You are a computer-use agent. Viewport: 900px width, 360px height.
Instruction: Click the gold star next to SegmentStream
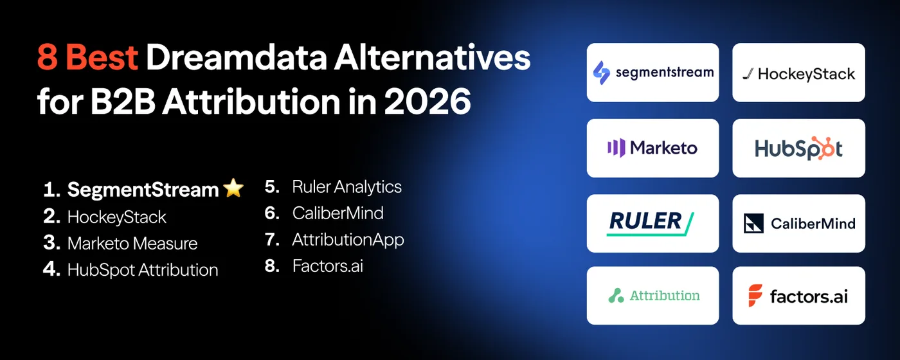pyautogui.click(x=233, y=188)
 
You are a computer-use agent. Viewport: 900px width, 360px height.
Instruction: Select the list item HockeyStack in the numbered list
pyautogui.click(x=116, y=217)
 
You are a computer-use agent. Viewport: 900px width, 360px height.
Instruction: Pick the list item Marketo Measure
pyautogui.click(x=132, y=244)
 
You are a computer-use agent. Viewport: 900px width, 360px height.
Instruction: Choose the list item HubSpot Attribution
pyautogui.click(x=142, y=270)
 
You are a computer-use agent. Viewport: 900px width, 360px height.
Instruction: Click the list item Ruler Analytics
pyautogui.click(x=346, y=187)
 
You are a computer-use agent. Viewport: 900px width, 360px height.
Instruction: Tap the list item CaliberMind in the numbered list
pyautogui.click(x=337, y=213)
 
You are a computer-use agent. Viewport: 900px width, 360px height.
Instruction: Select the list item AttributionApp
pyautogui.click(x=348, y=240)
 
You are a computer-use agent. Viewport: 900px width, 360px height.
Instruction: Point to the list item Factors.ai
pyautogui.click(x=327, y=266)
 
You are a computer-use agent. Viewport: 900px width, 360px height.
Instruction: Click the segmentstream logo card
pyautogui.click(x=652, y=72)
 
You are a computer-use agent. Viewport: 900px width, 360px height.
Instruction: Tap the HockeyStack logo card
pyautogui.click(x=798, y=72)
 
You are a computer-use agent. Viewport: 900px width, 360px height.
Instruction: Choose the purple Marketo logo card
pyautogui.click(x=652, y=148)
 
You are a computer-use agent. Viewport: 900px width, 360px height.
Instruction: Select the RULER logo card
pyautogui.click(x=652, y=223)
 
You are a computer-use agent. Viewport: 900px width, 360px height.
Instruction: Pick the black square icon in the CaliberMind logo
pyautogui.click(x=753, y=223)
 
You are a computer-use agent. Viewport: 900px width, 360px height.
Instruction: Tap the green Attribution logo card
pyautogui.click(x=652, y=296)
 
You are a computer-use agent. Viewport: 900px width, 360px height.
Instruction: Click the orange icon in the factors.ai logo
pyautogui.click(x=755, y=296)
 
